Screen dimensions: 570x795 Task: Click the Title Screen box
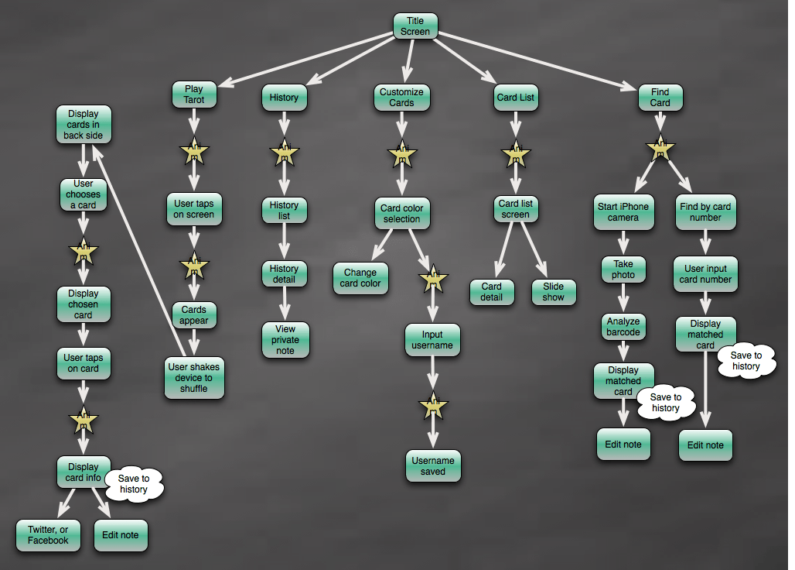coord(415,26)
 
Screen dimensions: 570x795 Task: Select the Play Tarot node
coord(193,94)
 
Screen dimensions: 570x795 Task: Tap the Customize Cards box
coord(401,97)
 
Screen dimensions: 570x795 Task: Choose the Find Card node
coord(660,97)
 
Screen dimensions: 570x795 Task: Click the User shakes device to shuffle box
coord(193,378)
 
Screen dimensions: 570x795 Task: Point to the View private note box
coord(285,340)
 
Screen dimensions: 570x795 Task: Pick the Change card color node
coord(360,278)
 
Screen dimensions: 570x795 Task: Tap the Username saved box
coord(433,465)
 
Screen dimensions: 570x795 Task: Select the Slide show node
coord(554,291)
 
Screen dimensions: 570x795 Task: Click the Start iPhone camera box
coord(623,212)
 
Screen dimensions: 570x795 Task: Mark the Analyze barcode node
coord(623,326)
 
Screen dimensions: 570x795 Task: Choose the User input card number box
coord(706,274)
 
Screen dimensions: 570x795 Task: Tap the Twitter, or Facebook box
coord(48,535)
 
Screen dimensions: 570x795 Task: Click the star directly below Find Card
coord(660,149)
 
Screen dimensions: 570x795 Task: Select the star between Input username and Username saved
coord(433,407)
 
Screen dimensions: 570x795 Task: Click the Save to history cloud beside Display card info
coord(134,484)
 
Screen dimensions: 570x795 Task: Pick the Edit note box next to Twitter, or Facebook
coord(121,535)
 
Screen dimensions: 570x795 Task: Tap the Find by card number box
coord(705,212)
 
